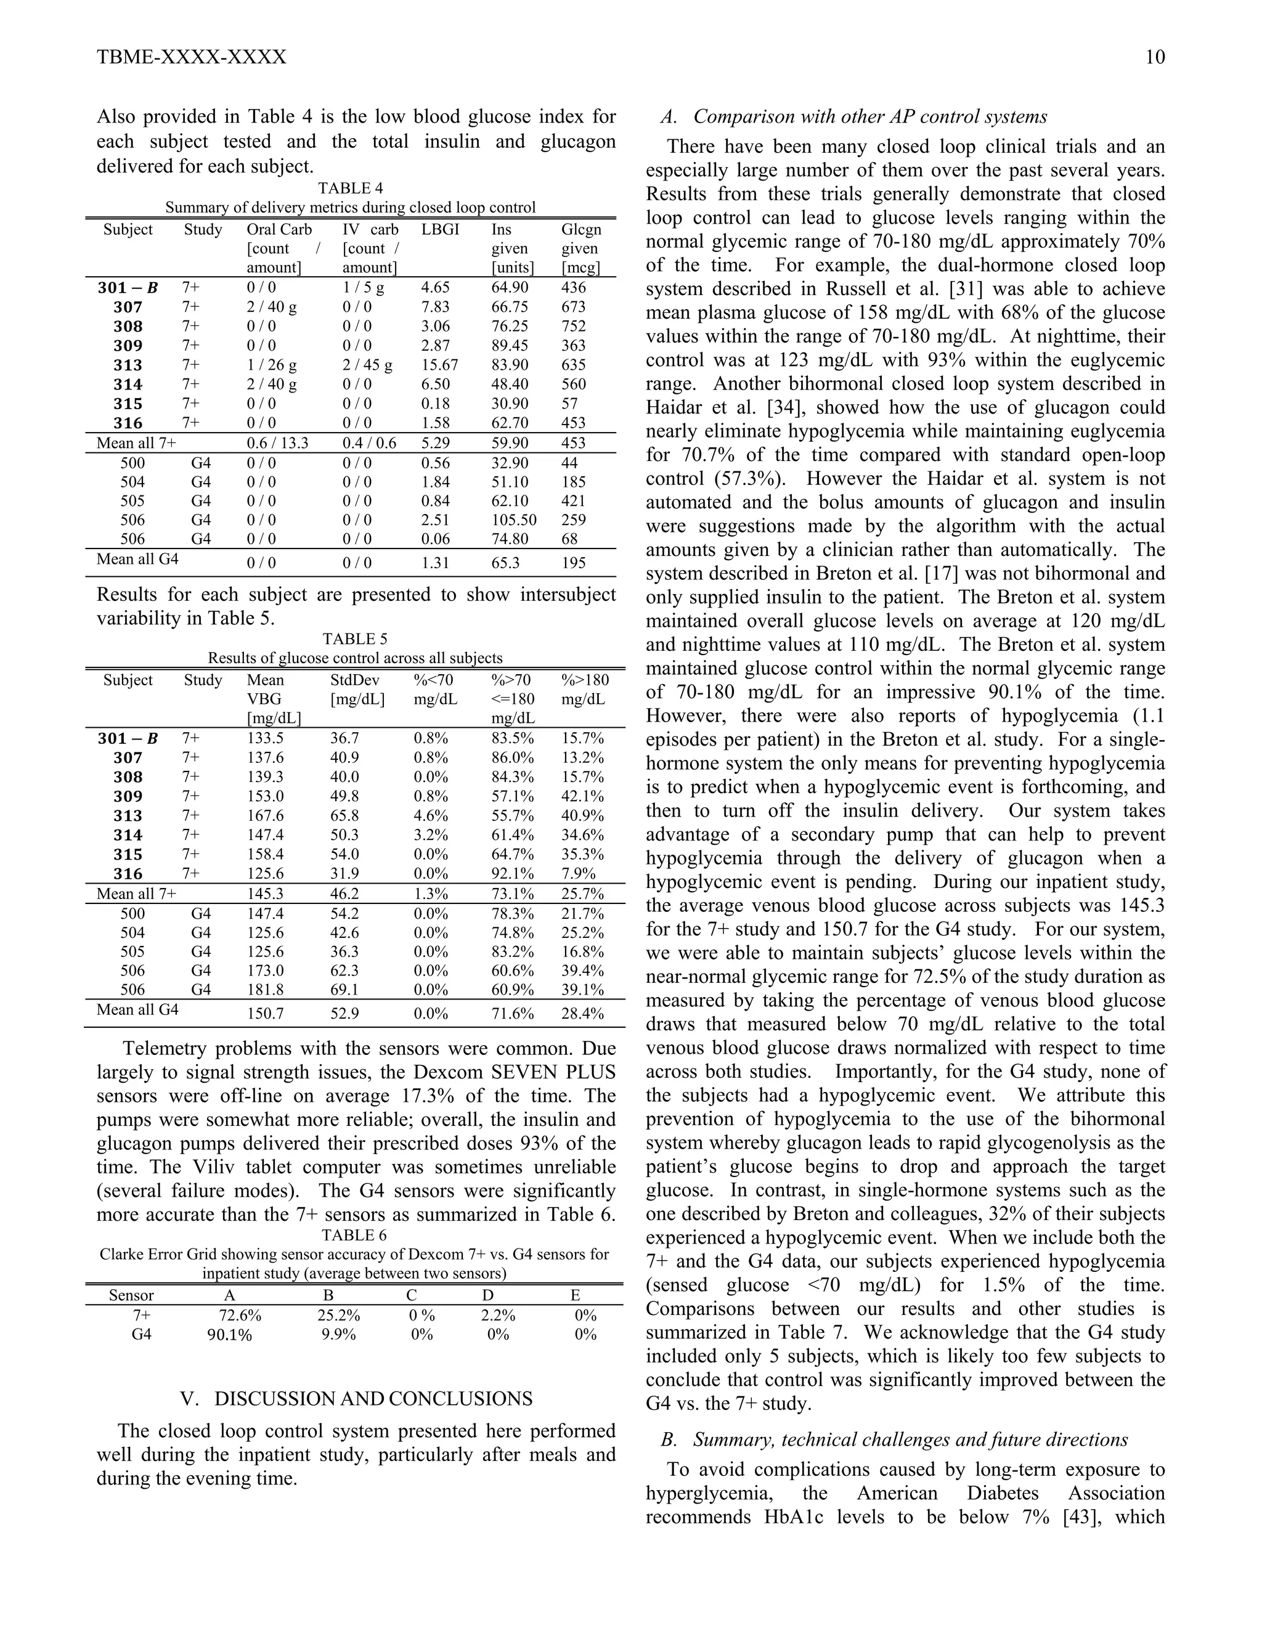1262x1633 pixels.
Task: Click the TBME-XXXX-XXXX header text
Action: [x=192, y=57]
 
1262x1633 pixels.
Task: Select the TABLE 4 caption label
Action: [x=350, y=189]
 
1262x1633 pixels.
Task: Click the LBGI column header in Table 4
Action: [x=439, y=230]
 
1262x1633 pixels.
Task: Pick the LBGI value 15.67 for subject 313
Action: [x=439, y=365]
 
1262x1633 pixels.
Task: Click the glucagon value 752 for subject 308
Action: [x=574, y=327]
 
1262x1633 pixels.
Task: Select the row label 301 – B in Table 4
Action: [x=128, y=288]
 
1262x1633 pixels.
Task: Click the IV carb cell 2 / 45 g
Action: [x=367, y=365]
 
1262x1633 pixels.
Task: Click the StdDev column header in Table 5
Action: [x=354, y=680]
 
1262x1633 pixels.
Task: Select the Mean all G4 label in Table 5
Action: [x=137, y=1009]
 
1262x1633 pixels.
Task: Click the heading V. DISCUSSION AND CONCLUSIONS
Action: [x=357, y=1399]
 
